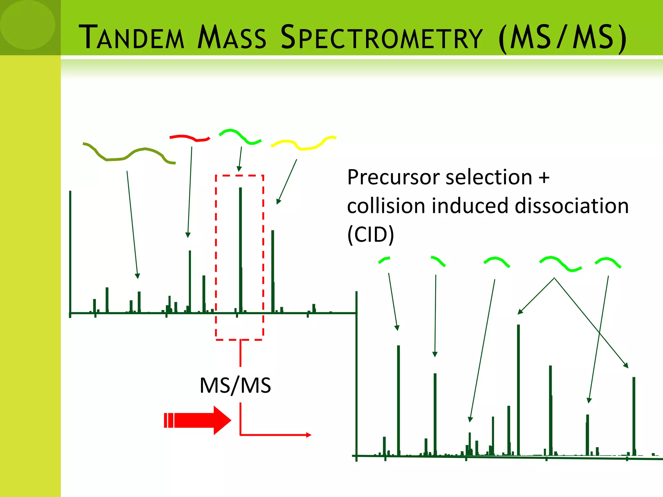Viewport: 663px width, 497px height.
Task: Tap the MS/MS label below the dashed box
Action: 235,385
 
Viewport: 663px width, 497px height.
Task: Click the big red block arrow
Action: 198,420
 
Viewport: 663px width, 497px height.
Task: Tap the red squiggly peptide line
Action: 190,138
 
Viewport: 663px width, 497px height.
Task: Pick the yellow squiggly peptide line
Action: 303,143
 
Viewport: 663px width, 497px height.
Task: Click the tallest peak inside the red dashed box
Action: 241,249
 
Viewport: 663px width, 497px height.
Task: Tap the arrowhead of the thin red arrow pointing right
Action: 309,435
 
